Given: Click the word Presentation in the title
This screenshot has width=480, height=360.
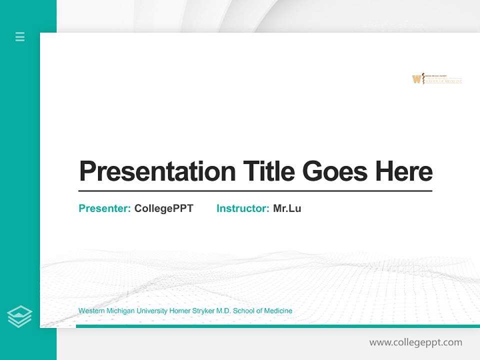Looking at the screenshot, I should pyautogui.click(x=157, y=171).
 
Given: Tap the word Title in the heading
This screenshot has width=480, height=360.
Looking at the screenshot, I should pyautogui.click(x=269, y=171).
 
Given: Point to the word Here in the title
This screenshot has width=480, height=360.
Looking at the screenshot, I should pyautogui.click(x=404, y=171).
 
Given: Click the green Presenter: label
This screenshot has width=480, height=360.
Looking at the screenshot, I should pyautogui.click(x=104, y=208).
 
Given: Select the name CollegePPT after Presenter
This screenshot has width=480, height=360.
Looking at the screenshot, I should pyautogui.click(x=163, y=208).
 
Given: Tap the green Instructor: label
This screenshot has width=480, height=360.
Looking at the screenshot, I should pyautogui.click(x=242, y=208).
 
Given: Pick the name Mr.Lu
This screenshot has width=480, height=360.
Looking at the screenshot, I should pyautogui.click(x=287, y=208).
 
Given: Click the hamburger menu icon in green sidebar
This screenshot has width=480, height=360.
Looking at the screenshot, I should pyautogui.click(x=20, y=36).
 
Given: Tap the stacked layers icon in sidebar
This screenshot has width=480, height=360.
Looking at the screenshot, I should pyautogui.click(x=19, y=316).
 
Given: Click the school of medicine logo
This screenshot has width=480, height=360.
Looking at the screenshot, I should pyautogui.click(x=437, y=79).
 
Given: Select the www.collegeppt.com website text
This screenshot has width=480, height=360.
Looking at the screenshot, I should pyautogui.click(x=415, y=342).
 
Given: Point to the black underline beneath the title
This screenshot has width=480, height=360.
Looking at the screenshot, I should pyautogui.click(x=255, y=191).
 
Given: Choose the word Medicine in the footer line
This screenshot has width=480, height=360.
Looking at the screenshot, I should pyautogui.click(x=278, y=311).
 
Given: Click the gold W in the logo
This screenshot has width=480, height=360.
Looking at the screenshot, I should pyautogui.click(x=416, y=79).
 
